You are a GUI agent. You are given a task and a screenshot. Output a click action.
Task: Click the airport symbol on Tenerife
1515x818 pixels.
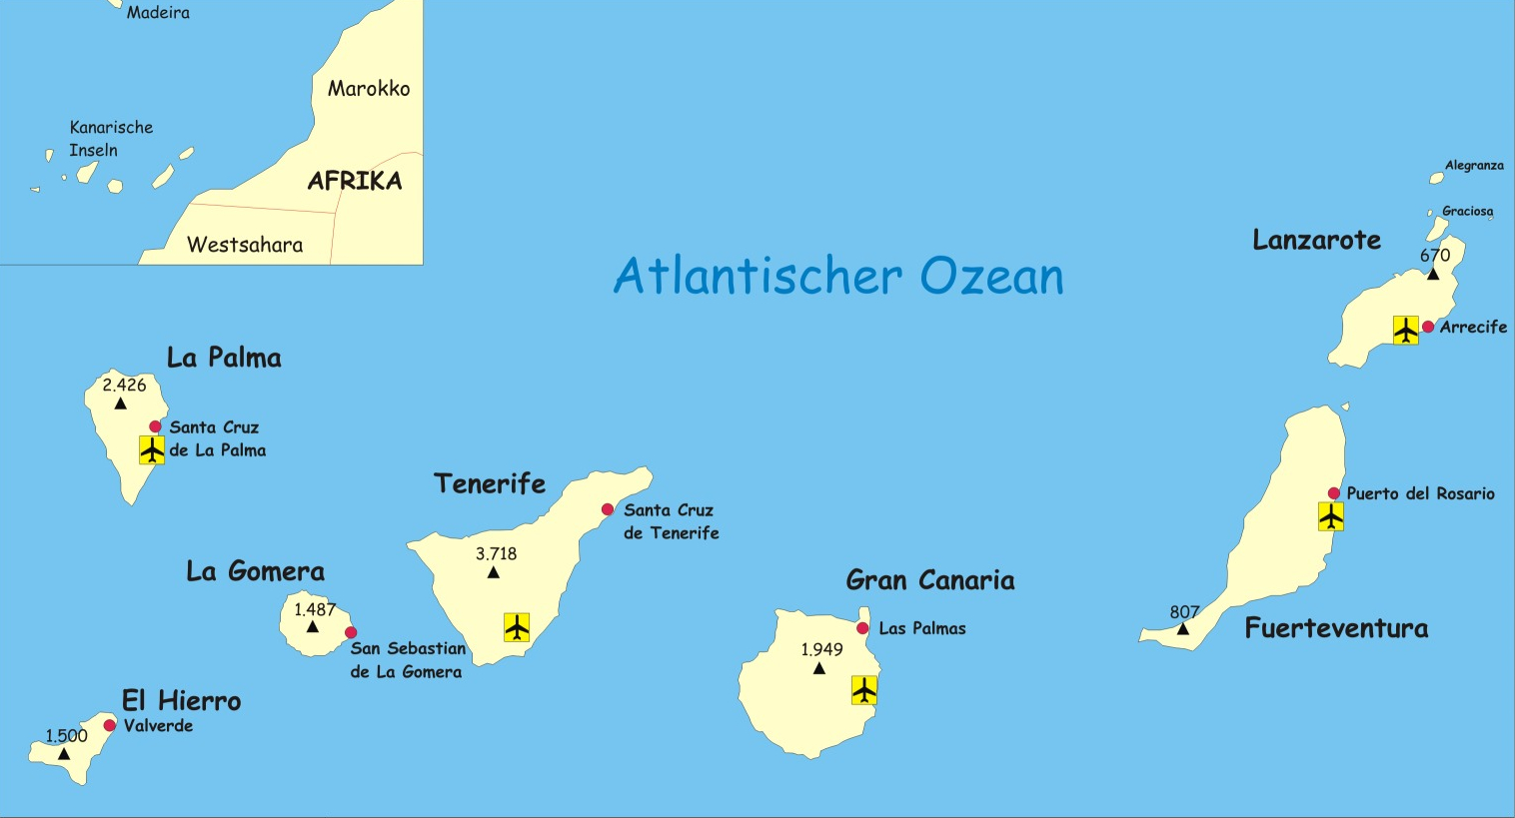tap(517, 627)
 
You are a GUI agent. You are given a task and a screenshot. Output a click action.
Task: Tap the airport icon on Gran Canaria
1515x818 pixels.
tap(864, 690)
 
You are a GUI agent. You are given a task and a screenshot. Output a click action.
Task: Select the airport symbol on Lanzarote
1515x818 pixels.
tap(1406, 330)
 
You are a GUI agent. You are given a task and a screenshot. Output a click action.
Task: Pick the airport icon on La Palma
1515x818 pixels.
tap(152, 450)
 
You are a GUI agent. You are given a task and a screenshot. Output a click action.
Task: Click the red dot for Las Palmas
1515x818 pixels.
tap(862, 628)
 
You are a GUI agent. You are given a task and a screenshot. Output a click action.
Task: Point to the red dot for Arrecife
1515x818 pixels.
tap(1428, 327)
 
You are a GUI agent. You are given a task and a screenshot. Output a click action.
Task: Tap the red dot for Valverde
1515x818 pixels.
tap(110, 725)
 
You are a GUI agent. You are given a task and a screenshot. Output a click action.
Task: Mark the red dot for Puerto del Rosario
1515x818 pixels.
tap(1334, 493)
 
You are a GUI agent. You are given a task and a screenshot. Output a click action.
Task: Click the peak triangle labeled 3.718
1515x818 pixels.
tap(493, 572)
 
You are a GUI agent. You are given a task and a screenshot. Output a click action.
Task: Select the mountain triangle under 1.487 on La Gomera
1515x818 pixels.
tap(313, 627)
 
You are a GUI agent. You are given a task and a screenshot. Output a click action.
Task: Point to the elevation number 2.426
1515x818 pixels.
tap(124, 386)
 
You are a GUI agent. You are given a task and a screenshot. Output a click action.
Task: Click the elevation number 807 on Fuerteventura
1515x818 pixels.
tap(1184, 612)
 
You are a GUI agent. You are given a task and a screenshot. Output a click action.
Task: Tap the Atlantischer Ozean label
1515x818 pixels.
tap(838, 276)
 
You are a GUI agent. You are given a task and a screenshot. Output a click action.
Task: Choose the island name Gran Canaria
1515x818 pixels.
tap(929, 580)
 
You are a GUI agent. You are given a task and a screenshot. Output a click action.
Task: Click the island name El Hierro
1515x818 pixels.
tap(181, 701)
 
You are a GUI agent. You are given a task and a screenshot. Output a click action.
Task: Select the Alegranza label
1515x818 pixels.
tap(1474, 166)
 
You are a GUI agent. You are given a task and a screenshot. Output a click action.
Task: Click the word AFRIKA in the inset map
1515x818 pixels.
tap(355, 181)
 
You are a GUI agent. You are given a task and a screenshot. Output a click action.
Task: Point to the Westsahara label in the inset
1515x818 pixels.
tap(245, 245)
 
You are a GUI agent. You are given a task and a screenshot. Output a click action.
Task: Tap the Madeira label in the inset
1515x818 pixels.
tap(158, 13)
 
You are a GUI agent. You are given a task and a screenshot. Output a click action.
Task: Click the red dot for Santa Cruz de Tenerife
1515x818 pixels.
tap(608, 509)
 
